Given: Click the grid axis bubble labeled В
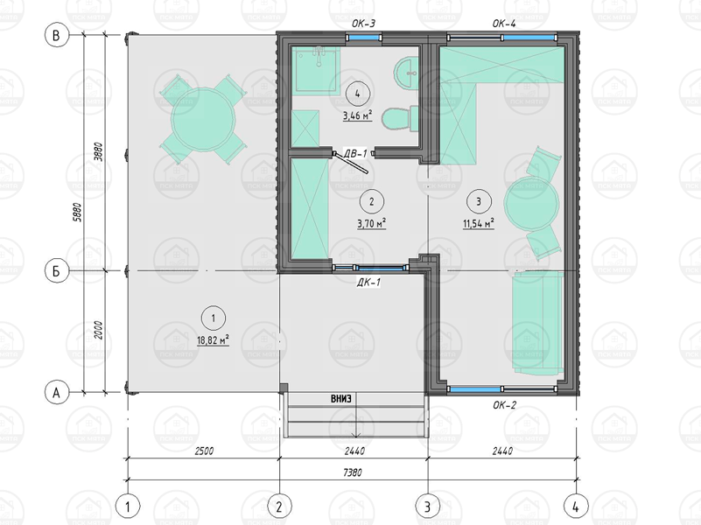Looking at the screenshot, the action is (x=57, y=35).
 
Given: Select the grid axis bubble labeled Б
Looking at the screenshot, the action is (x=57, y=270).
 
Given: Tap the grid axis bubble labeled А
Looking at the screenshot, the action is (x=57, y=392).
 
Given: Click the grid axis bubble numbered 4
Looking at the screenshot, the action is (x=576, y=507).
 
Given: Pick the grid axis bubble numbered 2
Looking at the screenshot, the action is (x=279, y=507).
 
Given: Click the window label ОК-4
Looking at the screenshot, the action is (x=504, y=24).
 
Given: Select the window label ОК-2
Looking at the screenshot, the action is (x=504, y=405).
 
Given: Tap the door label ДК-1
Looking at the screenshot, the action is (x=368, y=283).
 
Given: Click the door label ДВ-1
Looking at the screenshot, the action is (x=355, y=154).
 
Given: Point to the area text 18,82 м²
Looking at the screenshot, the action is (x=214, y=340).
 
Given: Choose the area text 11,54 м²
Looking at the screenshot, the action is (x=479, y=223).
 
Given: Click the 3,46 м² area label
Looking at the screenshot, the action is (x=358, y=115).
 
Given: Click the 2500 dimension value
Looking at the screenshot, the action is (x=204, y=451).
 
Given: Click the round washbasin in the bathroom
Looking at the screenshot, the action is (x=406, y=72).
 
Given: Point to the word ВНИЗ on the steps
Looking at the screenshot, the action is (x=340, y=399).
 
